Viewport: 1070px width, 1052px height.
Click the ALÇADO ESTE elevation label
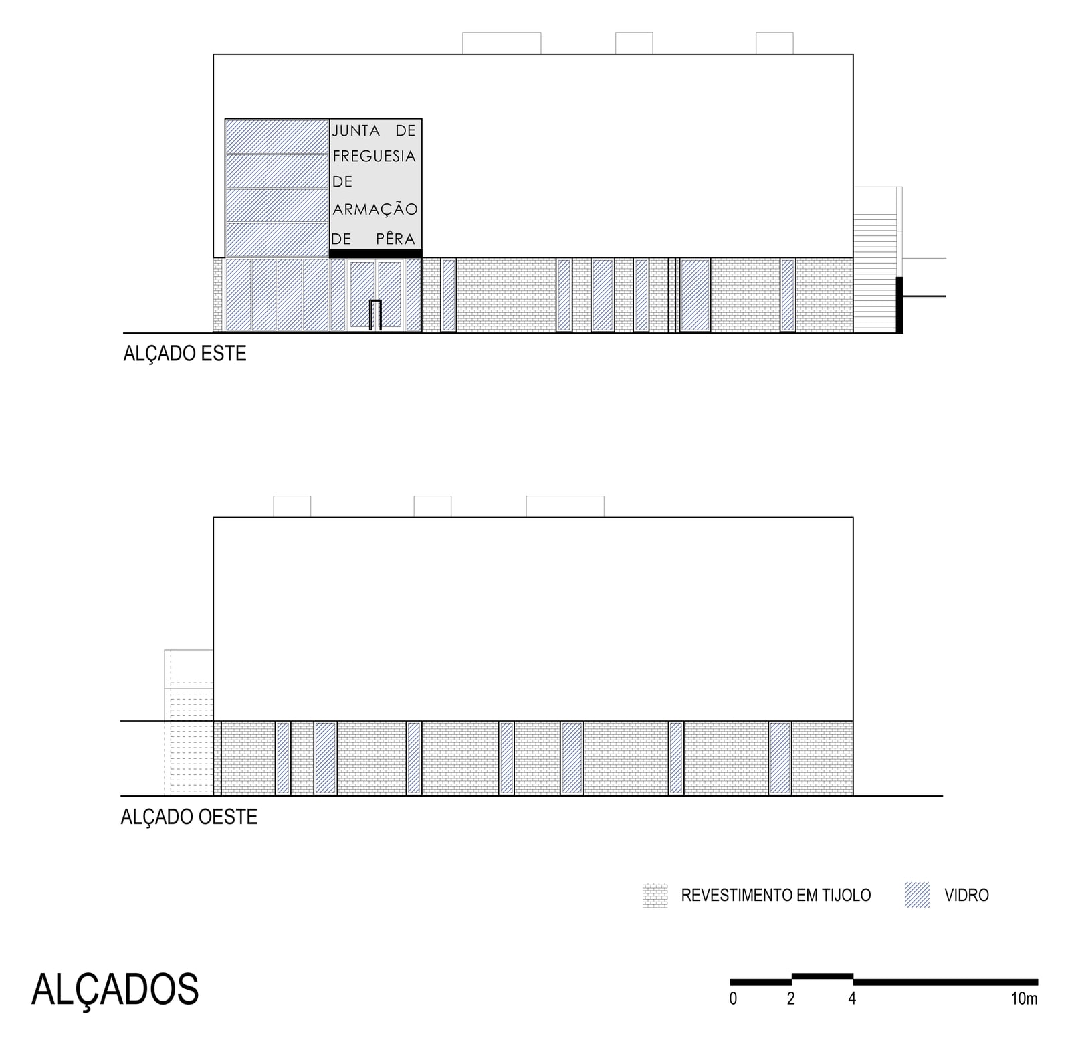click(x=185, y=354)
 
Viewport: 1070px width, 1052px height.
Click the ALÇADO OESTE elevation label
click(x=189, y=817)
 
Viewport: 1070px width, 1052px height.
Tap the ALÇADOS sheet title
click(x=115, y=989)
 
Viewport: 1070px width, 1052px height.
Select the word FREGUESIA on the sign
click(x=374, y=156)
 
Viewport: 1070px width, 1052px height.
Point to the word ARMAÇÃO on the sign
click(x=375, y=209)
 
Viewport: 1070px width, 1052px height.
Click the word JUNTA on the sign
click(x=356, y=131)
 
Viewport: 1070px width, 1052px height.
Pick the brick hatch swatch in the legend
click(x=655, y=896)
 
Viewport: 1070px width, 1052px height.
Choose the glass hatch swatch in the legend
click(x=917, y=895)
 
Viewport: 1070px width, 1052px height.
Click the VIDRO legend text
click(x=966, y=895)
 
